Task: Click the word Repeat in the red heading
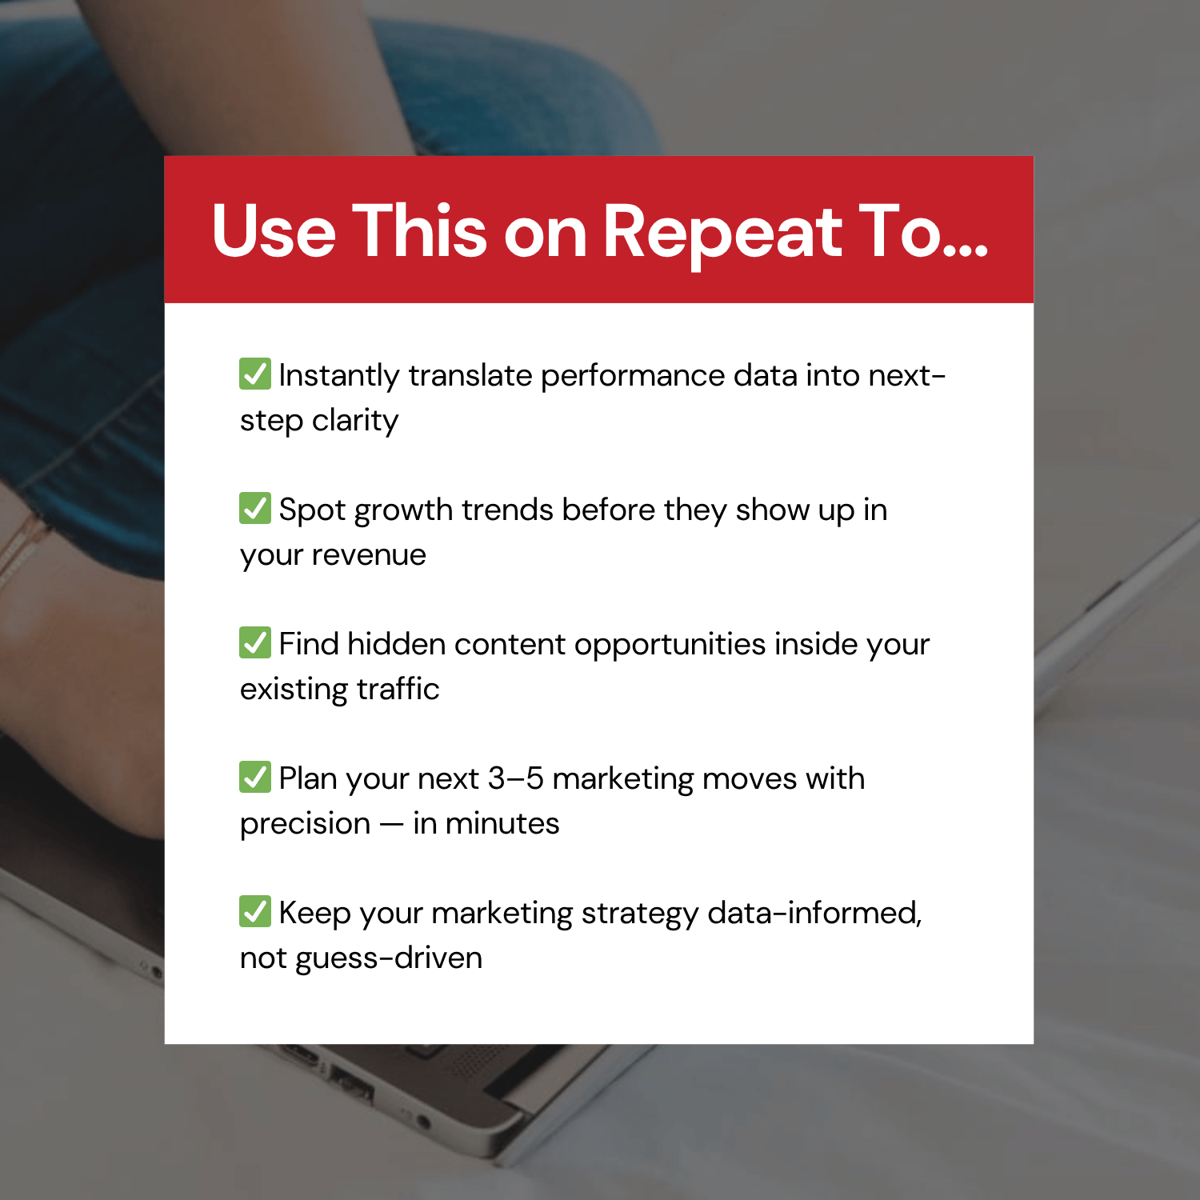click(x=722, y=232)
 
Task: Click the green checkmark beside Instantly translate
click(x=255, y=374)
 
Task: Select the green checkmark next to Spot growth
click(x=255, y=508)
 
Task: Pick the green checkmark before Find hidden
click(x=255, y=642)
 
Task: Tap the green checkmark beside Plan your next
click(x=255, y=777)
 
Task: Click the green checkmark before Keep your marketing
click(x=255, y=911)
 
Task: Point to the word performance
click(x=632, y=376)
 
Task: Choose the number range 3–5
click(x=515, y=779)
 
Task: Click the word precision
click(x=305, y=824)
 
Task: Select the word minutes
click(x=502, y=824)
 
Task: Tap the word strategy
click(x=639, y=914)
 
